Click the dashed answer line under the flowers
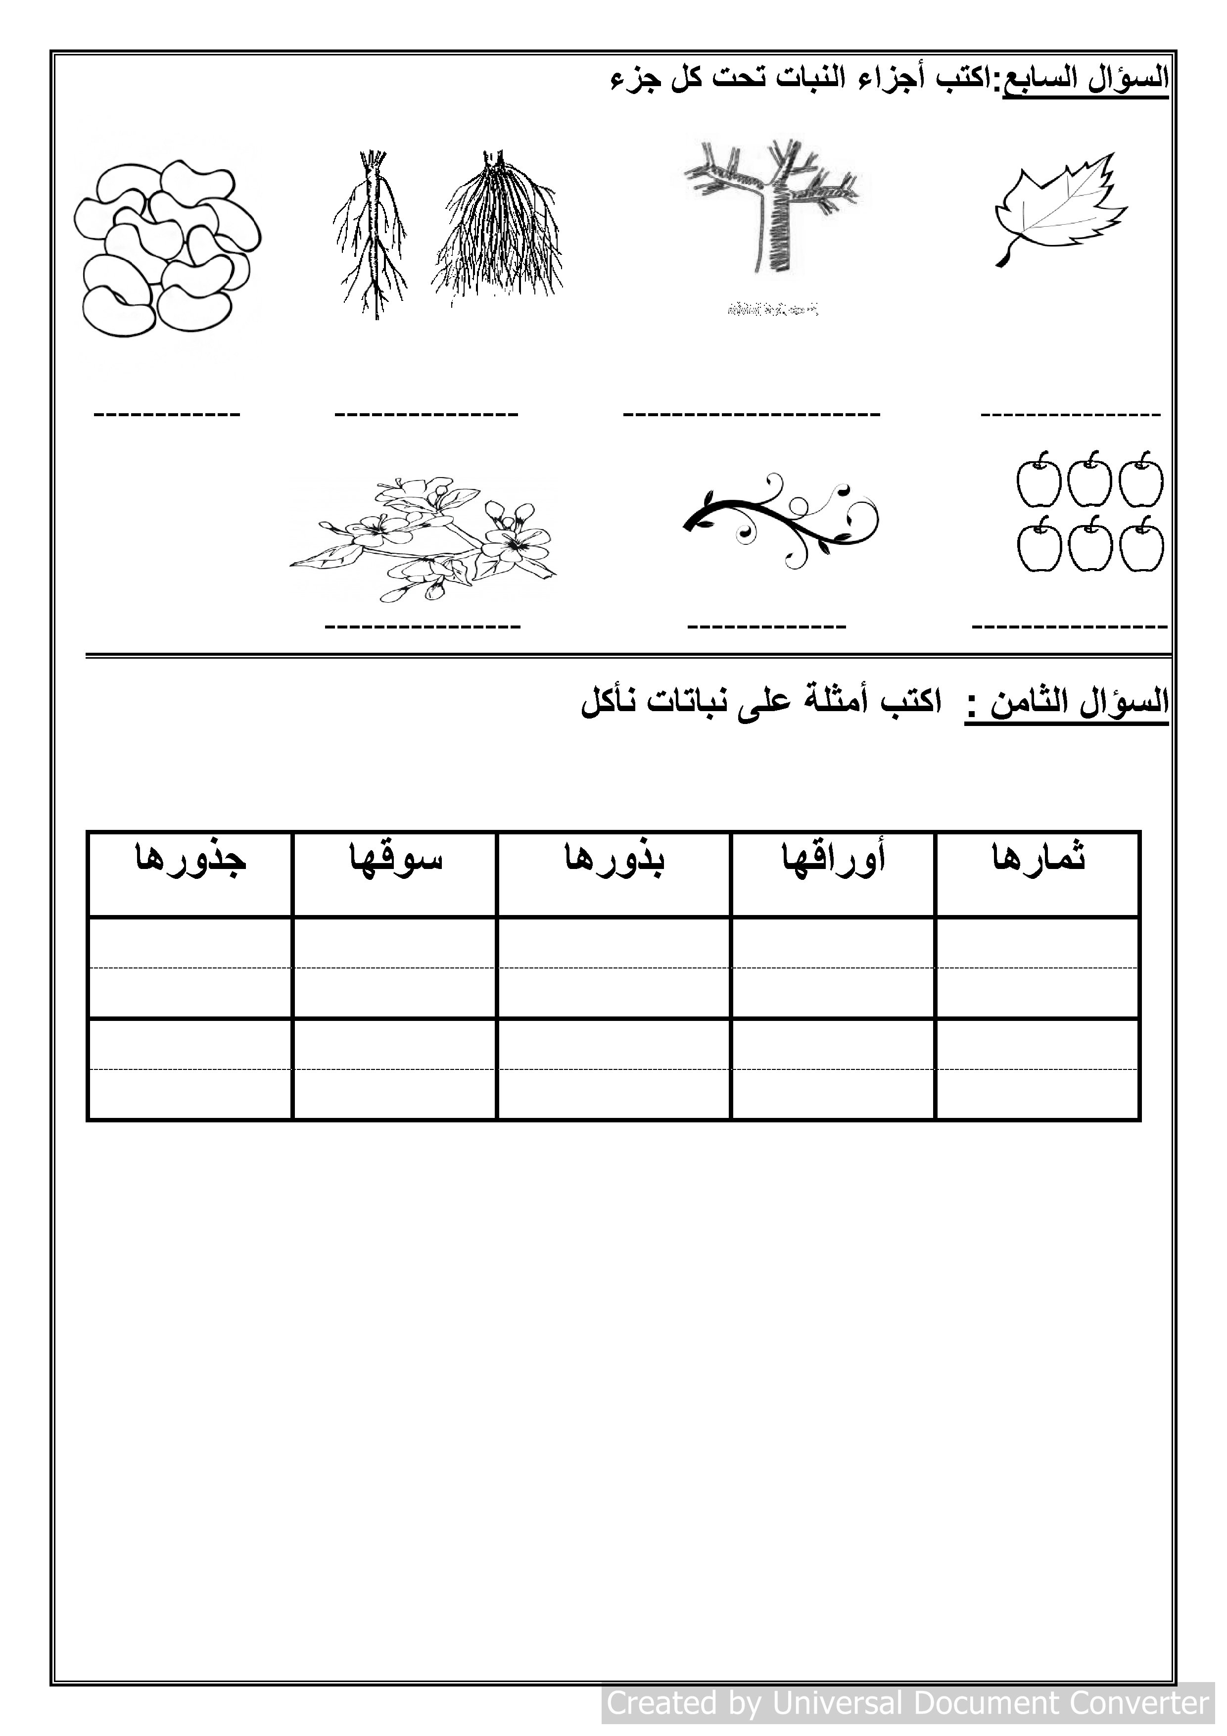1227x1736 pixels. pyautogui.click(x=424, y=626)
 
